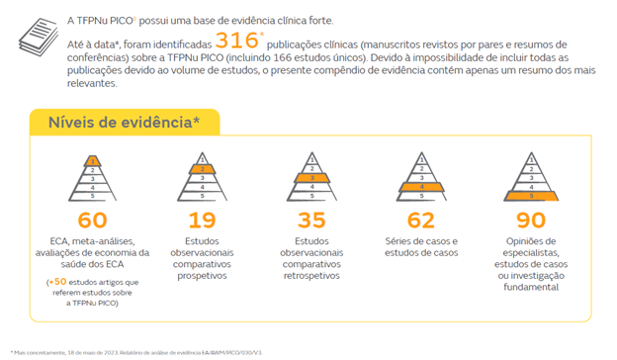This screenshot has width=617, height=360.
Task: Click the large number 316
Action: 237,43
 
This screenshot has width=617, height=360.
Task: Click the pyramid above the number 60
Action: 92,178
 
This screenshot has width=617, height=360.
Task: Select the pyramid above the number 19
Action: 202,178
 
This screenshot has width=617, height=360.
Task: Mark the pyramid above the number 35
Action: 311,178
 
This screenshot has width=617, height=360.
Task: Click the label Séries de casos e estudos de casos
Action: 421,247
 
